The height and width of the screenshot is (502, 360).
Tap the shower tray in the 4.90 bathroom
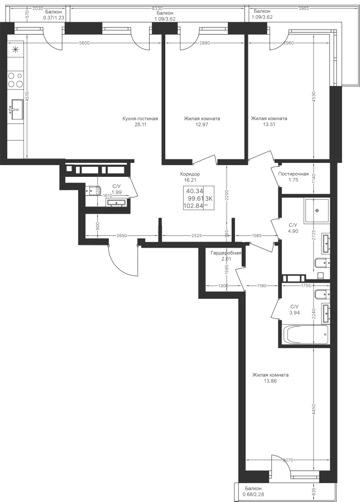pyautogui.click(x=316, y=210)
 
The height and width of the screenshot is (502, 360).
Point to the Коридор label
pyautogui.click(x=190, y=174)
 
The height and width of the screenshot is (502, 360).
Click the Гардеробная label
pyautogui.click(x=225, y=253)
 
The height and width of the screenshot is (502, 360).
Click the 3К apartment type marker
pyautogui.click(x=210, y=198)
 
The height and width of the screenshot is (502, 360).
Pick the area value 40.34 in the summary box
pyautogui.click(x=193, y=191)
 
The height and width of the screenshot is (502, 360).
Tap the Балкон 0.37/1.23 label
pyautogui.click(x=54, y=14)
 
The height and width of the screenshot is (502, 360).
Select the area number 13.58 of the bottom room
pyautogui.click(x=270, y=381)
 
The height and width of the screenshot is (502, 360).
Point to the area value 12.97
pyautogui.click(x=202, y=124)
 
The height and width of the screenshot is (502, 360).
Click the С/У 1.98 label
pyautogui.click(x=117, y=189)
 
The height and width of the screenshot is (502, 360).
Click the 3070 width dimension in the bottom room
pyautogui.click(x=287, y=460)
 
